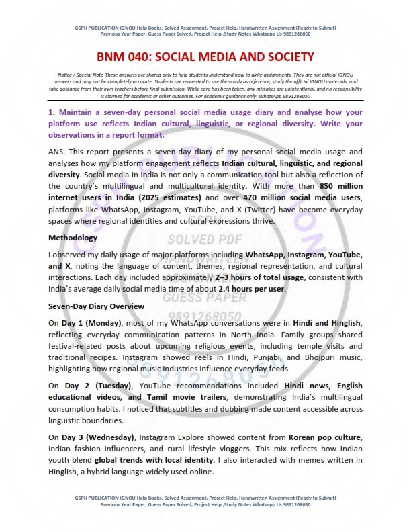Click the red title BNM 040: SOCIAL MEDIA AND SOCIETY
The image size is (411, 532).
point(205,58)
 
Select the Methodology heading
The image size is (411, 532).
point(73,238)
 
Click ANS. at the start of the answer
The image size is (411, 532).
point(58,152)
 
